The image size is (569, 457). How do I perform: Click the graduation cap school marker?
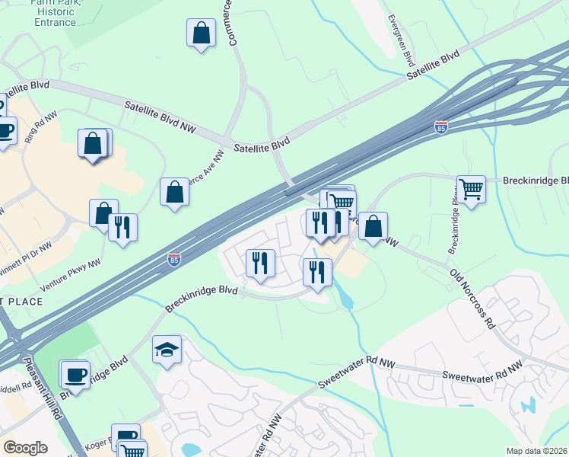(x=167, y=350)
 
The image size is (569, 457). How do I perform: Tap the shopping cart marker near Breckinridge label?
(x=471, y=189)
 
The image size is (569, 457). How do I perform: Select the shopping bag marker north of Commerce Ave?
(x=200, y=33)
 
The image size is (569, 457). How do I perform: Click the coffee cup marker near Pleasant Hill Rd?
(x=75, y=374)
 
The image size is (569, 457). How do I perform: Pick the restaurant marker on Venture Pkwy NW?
(x=122, y=227)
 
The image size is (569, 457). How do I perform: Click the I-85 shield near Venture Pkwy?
(x=174, y=260)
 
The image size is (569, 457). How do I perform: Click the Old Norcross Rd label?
(x=472, y=297)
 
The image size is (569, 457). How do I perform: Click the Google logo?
(x=25, y=448)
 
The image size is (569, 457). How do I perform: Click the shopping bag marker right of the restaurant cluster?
(x=373, y=226)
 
